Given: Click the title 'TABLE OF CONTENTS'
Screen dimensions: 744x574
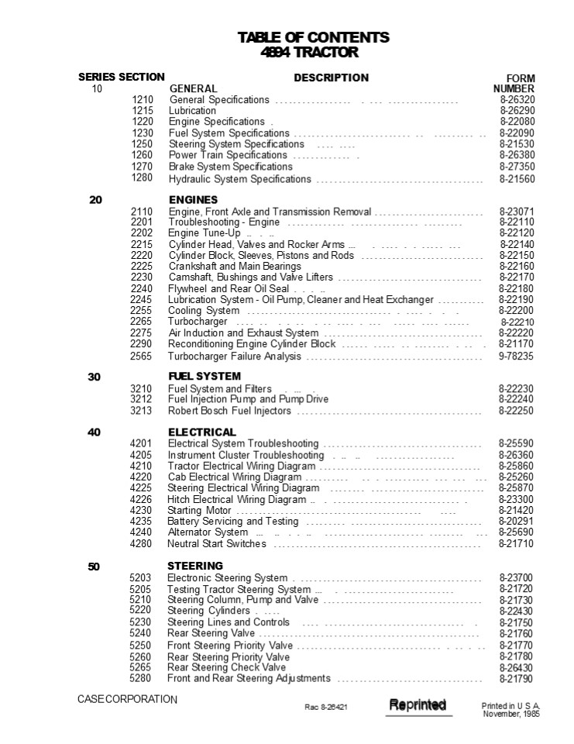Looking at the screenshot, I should pyautogui.click(x=313, y=37).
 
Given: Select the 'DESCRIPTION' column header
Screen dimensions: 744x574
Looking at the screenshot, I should pyautogui.click(x=331, y=77).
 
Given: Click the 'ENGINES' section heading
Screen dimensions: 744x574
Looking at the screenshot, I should pyautogui.click(x=193, y=200).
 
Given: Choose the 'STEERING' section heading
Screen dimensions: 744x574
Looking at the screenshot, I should pyautogui.click(x=195, y=566).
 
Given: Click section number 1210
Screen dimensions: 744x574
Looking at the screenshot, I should pyautogui.click(x=143, y=100).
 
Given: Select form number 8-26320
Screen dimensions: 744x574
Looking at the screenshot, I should pyautogui.click(x=517, y=100).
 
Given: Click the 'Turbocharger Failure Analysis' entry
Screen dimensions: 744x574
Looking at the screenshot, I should pyautogui.click(x=234, y=356).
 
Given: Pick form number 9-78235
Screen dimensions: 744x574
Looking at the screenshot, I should pyautogui.click(x=516, y=356).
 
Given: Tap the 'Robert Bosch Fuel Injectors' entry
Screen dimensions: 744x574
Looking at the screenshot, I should pyautogui.click(x=230, y=411).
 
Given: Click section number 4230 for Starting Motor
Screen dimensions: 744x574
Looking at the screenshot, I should pyautogui.click(x=141, y=511).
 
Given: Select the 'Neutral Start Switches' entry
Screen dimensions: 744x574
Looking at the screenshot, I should pyautogui.click(x=217, y=544).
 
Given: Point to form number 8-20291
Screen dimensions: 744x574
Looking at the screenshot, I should pyautogui.click(x=516, y=522).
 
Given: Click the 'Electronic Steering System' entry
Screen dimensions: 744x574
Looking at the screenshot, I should pyautogui.click(x=228, y=578).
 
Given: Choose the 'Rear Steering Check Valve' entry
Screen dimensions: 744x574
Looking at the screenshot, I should pyautogui.click(x=227, y=667).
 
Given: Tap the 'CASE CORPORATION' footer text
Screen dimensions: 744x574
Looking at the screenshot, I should pyautogui.click(x=127, y=699).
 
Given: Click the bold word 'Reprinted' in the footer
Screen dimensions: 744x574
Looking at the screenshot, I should pyautogui.click(x=418, y=704).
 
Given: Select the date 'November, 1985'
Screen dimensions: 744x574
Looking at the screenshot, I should pyautogui.click(x=511, y=714).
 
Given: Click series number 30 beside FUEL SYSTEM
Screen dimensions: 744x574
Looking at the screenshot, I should pyautogui.click(x=94, y=377).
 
